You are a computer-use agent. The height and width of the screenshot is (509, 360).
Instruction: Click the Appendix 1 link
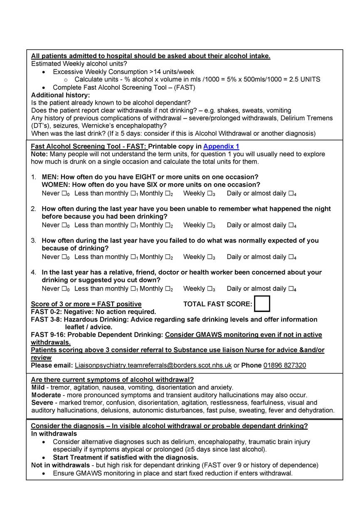click(x=221, y=146)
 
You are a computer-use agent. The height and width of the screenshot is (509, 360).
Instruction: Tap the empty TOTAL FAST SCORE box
click(x=262, y=304)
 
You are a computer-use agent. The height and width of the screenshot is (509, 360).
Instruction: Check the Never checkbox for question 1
click(x=64, y=193)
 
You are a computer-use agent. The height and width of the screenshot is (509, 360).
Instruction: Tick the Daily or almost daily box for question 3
click(x=291, y=257)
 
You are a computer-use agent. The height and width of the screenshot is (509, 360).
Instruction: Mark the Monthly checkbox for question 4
click(x=168, y=289)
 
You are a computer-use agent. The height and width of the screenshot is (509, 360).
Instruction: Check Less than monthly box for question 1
click(x=133, y=193)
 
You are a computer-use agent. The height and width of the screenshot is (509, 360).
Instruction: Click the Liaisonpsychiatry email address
click(x=153, y=365)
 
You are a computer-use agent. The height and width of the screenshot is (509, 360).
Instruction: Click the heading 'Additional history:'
click(x=60, y=95)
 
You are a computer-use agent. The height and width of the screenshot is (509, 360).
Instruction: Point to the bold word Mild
click(x=38, y=387)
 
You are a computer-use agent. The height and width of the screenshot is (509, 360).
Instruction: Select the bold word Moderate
click(x=46, y=395)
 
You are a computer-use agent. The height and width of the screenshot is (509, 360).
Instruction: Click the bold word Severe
click(x=42, y=403)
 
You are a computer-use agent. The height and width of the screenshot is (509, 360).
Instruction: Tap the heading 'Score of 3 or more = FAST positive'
click(x=86, y=304)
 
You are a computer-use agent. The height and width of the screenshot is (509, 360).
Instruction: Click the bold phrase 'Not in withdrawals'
click(x=60, y=465)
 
